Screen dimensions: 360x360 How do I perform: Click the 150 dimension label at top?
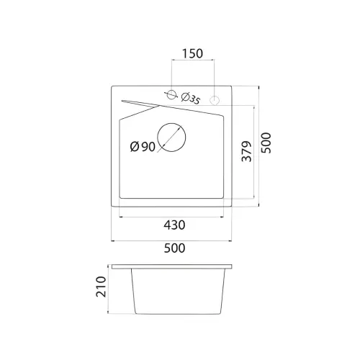coord(192,53)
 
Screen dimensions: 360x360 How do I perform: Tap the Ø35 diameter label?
coord(191,99)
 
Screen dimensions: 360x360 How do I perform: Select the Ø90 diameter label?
coord(143,146)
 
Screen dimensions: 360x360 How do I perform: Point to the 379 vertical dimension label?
coord(247,151)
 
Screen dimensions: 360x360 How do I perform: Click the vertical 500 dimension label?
coord(266,143)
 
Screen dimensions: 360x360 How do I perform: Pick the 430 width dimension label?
coord(174,225)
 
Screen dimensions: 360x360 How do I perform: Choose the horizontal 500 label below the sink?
coord(174,248)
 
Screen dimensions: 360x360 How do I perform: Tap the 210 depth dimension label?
coord(101,287)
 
